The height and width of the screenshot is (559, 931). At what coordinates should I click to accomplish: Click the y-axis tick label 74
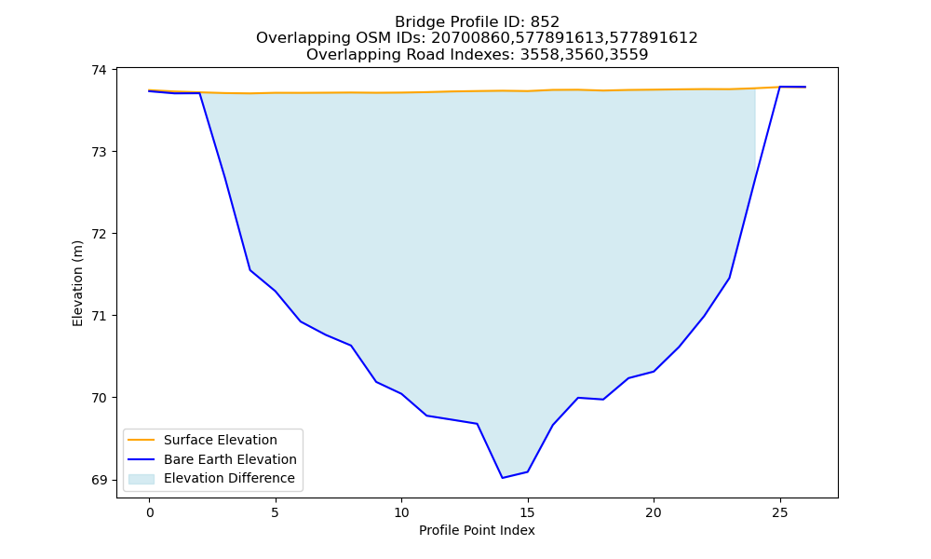coord(99,70)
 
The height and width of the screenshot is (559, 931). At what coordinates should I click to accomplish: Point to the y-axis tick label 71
coord(99,316)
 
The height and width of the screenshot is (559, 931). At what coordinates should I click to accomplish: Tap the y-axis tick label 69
coord(99,480)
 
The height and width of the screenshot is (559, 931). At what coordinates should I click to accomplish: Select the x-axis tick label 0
coord(150,512)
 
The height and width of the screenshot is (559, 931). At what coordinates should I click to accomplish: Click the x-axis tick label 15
coord(527,512)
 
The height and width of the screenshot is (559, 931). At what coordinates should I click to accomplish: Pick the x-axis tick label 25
coord(779,512)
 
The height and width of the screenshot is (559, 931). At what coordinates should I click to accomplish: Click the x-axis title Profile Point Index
coord(477,530)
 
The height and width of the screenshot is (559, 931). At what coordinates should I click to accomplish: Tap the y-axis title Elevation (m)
coord(77,283)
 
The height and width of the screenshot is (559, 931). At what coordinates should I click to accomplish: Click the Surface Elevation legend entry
coord(221,440)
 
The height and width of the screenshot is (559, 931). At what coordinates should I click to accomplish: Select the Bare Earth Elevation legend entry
coord(230,459)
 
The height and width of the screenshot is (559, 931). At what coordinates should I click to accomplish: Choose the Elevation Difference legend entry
coord(229,478)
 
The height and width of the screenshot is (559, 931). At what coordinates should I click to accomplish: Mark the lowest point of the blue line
coord(503,478)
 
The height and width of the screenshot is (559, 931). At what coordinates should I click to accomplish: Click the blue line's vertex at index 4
coord(250,270)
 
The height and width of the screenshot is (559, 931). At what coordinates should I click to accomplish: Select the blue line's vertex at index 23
coord(729,278)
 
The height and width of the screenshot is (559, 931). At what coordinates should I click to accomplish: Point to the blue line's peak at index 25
coord(779,87)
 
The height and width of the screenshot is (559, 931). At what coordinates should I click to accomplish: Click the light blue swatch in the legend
coord(142,479)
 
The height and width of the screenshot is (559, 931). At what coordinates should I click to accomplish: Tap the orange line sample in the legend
coord(142,440)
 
